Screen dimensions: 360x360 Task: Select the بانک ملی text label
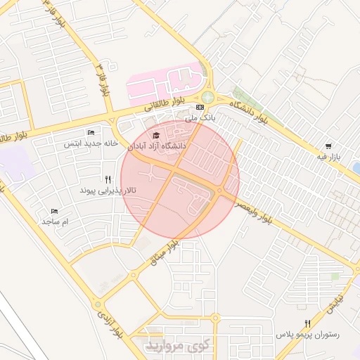click(200, 118)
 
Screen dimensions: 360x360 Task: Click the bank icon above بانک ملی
click(200, 107)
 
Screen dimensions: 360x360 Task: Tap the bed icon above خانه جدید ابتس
click(91, 132)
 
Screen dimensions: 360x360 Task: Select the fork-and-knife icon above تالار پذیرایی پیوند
click(108, 179)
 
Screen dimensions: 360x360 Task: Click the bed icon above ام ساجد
click(55, 210)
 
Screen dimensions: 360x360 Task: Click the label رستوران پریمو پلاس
click(307, 335)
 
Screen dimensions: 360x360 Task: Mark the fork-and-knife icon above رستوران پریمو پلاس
click(307, 323)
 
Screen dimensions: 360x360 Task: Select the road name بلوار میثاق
click(167, 252)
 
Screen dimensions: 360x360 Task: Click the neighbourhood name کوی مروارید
click(176, 346)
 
